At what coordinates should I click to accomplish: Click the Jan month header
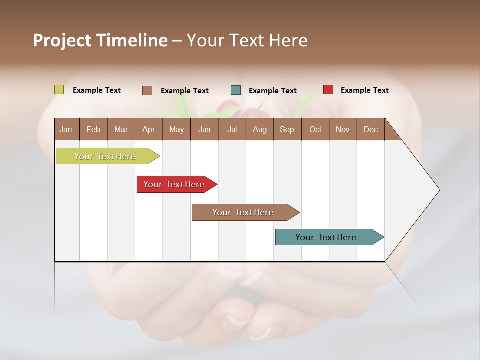tap(66, 130)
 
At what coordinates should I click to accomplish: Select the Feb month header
tap(93, 130)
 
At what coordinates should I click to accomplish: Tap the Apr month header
tap(148, 130)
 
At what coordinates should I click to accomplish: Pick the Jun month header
tap(204, 130)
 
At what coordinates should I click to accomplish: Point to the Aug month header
tap(259, 130)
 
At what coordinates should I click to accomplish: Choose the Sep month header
tap(287, 130)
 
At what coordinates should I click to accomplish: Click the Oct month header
tap(315, 130)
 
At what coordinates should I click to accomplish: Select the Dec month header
tap(370, 130)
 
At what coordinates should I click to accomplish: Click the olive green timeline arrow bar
tap(105, 156)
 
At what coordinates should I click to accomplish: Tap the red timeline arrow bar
tap(174, 184)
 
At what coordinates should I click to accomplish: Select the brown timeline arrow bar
tap(243, 212)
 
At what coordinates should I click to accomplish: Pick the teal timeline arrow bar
tap(326, 237)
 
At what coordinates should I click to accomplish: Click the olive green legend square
tap(59, 90)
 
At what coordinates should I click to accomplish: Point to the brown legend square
tap(147, 90)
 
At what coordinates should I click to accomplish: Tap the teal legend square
tap(236, 90)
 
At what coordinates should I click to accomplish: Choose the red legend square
tap(328, 90)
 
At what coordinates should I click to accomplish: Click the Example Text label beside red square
tap(364, 90)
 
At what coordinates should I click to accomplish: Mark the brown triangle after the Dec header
tap(391, 133)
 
